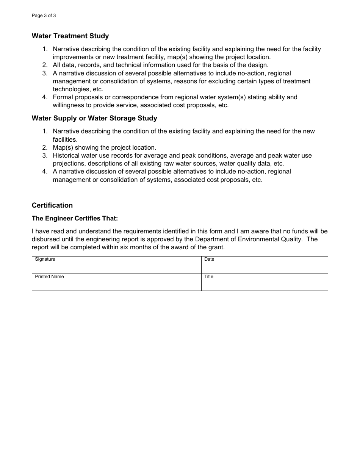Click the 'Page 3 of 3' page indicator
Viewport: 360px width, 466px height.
[44, 16]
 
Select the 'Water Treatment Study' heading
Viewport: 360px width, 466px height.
[70, 36]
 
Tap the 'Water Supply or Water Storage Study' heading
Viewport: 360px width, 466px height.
[94, 118]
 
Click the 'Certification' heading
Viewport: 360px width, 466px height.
[52, 205]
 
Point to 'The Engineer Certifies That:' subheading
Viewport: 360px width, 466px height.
[75, 219]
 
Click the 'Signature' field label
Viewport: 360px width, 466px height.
[45, 259]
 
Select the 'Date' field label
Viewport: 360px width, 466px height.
[209, 259]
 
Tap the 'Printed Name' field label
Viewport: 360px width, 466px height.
[49, 277]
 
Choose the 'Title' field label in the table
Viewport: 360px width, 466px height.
[209, 277]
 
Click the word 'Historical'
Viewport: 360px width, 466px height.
[66, 155]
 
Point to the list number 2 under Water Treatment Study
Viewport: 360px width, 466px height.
[45, 65]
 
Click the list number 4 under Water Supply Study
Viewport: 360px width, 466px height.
[45, 172]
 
